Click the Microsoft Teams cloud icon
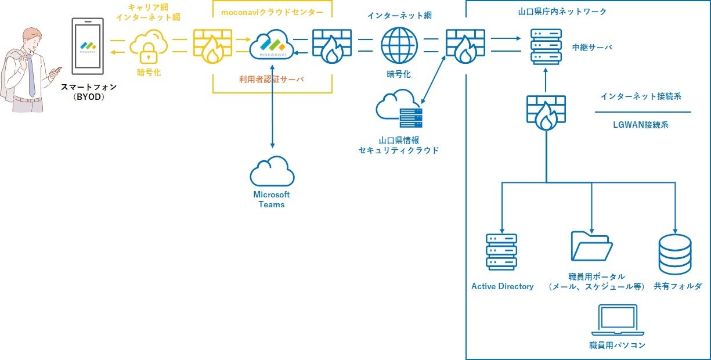tap(272, 172)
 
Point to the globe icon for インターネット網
tap(399, 46)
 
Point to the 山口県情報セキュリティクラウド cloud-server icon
tap(399, 110)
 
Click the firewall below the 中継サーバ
tap(546, 113)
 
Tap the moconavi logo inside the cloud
tap(272, 44)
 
